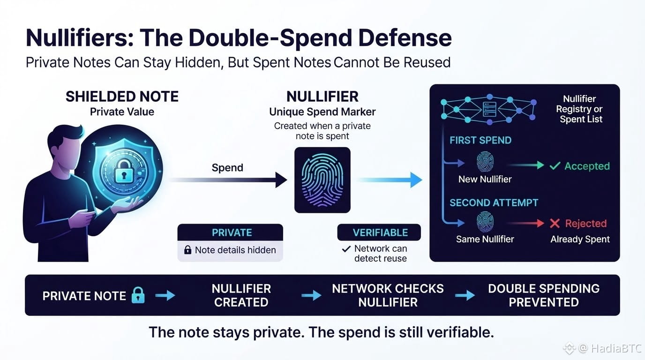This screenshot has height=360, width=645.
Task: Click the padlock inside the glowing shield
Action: [x=124, y=172]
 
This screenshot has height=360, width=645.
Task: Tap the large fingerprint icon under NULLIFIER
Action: [x=322, y=180]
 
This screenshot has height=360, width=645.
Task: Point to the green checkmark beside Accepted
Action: [x=555, y=166]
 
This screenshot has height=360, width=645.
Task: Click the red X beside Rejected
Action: [x=555, y=223]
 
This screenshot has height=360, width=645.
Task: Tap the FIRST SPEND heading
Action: [x=480, y=140]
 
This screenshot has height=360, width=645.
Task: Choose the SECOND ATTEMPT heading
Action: [x=494, y=203]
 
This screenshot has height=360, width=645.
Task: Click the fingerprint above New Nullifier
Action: [x=485, y=162]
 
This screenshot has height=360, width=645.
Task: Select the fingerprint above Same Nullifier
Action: [x=485, y=222]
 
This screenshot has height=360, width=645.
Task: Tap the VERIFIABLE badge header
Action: [x=379, y=232]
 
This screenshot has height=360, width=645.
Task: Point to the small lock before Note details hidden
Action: [x=188, y=250]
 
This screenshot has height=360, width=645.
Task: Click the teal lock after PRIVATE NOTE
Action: [x=138, y=295]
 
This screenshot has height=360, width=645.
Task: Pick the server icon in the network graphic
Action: [x=489, y=109]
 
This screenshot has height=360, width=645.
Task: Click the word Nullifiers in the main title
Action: [x=80, y=37]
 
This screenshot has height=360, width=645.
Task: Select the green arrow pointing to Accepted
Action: [x=525, y=165]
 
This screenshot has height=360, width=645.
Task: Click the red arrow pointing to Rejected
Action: [x=525, y=223]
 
